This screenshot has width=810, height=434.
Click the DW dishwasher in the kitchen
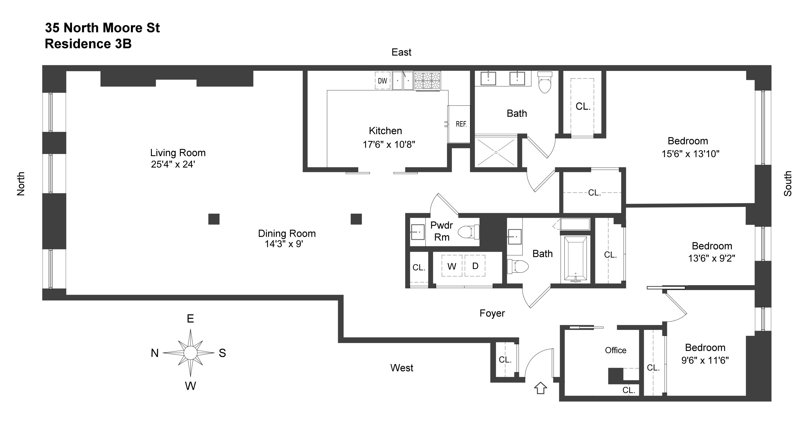[382, 81]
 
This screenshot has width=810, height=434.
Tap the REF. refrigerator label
[461, 124]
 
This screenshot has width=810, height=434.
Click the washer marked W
[452, 266]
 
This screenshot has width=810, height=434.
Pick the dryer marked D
[475, 266]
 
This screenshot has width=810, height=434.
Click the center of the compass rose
[190, 353]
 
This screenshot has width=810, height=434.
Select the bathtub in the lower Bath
[575, 258]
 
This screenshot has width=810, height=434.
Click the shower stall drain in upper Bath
[496, 152]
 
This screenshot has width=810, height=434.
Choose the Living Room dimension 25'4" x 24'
[173, 164]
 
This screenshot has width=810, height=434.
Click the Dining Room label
[287, 233]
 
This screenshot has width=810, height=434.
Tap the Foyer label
[492, 313]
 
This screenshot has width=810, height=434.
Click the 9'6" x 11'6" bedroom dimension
[705, 360]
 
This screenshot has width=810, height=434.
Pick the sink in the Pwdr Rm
[418, 232]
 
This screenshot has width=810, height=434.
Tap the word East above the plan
[401, 52]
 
